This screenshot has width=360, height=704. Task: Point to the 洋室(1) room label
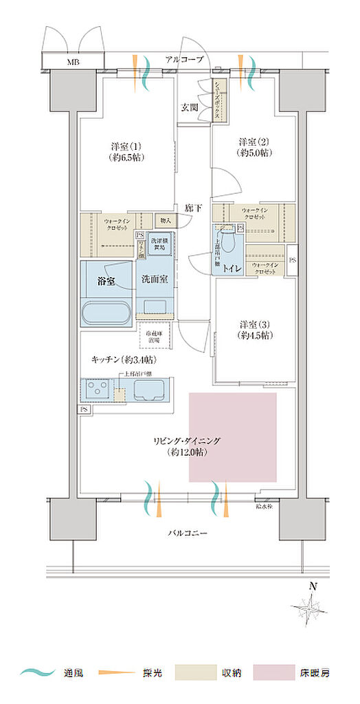(x=126, y=152)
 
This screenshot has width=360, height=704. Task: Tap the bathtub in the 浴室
(x=106, y=312)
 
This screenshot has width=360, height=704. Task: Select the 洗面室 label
(x=155, y=280)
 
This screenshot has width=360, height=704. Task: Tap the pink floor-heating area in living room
(x=233, y=437)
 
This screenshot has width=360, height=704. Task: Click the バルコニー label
(x=187, y=533)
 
